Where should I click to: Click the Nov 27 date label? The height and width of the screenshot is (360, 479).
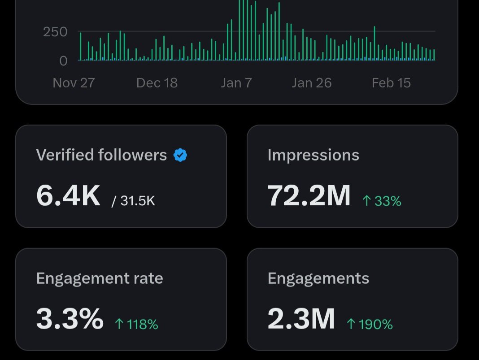74,83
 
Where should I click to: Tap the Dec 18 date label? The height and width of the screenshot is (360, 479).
157,83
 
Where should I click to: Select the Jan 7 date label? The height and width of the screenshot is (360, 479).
236,83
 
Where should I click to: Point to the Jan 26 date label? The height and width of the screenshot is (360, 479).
311,83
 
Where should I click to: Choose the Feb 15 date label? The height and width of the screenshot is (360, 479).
391,83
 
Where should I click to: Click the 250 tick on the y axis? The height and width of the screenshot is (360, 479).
55,32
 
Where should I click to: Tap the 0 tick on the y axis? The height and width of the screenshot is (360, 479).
63,61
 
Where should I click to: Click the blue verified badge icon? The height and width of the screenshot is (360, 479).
180,155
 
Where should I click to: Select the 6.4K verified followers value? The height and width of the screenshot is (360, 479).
68,196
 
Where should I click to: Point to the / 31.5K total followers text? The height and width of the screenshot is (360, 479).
133,201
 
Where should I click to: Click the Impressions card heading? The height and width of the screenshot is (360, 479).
313,155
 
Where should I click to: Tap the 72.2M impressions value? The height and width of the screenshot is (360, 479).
309,196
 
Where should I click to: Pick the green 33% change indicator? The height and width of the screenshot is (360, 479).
382,201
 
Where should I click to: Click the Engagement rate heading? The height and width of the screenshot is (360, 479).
99,278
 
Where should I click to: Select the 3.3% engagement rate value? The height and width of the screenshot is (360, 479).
70,319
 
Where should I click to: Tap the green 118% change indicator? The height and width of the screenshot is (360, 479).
136,324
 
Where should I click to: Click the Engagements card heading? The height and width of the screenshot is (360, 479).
318,278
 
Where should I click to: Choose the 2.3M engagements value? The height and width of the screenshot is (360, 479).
301,319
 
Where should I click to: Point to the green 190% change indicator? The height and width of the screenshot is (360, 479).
370,324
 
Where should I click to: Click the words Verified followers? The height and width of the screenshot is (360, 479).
101,155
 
